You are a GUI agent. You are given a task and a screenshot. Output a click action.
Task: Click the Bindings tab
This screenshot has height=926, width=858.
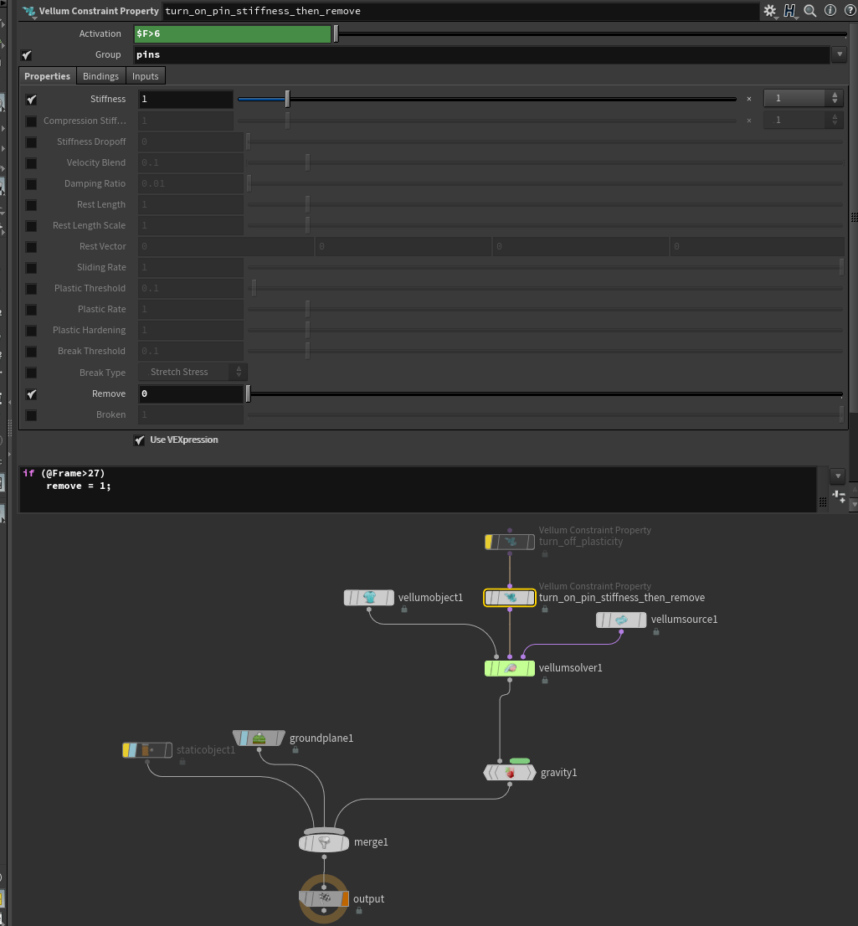tap(100, 76)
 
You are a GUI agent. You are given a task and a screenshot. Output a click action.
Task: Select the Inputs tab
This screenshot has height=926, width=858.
tap(145, 76)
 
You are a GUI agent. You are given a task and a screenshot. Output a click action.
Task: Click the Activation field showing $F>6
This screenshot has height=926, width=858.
tap(233, 33)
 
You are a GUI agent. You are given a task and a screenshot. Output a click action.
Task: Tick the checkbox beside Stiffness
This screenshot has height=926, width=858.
tap(31, 99)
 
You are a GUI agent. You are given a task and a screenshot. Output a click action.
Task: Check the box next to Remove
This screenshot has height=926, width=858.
tap(31, 394)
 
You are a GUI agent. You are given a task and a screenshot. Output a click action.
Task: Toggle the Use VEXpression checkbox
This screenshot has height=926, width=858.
tap(140, 440)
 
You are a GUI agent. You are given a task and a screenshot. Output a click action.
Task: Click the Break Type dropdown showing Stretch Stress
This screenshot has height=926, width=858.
tap(192, 372)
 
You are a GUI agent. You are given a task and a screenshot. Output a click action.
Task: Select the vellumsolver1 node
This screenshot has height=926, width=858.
tap(509, 668)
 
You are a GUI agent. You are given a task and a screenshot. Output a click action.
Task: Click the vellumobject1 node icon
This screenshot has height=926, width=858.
tap(369, 598)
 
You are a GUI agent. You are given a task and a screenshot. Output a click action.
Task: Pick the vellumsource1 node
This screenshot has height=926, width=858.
tap(621, 620)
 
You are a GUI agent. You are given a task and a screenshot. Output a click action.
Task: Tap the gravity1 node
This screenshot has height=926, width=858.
tap(509, 773)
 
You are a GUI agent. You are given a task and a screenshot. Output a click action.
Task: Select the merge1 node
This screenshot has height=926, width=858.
tap(324, 842)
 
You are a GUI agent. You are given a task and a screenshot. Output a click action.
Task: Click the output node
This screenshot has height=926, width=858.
tap(324, 898)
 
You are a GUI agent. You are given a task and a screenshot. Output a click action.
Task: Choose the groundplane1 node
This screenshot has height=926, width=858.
tap(259, 738)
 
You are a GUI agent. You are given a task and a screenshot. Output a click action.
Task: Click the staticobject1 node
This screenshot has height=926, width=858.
tap(147, 750)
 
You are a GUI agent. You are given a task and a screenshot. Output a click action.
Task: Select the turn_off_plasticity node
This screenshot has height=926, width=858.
tap(510, 542)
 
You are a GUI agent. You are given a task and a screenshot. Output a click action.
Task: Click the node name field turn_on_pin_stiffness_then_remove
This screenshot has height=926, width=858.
tap(460, 11)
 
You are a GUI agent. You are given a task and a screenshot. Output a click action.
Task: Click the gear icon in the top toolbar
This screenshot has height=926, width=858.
tap(770, 11)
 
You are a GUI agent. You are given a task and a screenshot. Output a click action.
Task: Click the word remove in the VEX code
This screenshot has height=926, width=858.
tap(63, 486)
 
